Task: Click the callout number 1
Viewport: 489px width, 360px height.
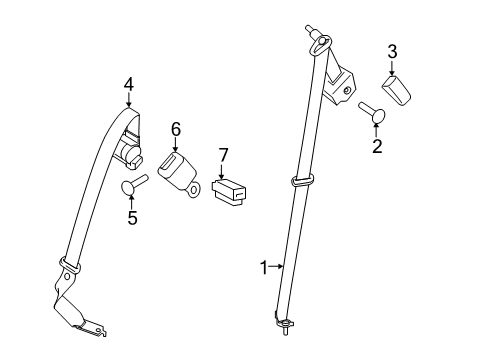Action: pyautogui.click(x=264, y=267)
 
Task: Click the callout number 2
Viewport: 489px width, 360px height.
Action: pyautogui.click(x=377, y=147)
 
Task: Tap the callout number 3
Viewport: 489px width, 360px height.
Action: pyautogui.click(x=392, y=50)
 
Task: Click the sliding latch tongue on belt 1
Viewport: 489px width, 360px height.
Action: pyautogui.click(x=303, y=182)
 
